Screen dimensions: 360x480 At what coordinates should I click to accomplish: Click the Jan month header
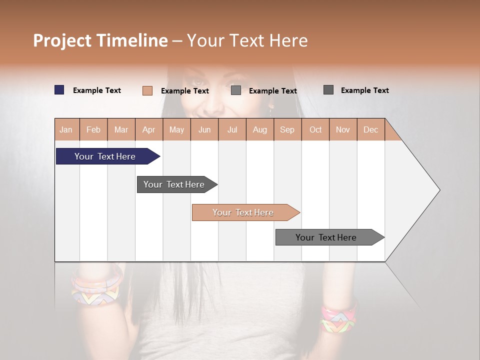click(x=66, y=129)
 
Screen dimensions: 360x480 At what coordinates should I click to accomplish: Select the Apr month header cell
click(x=148, y=129)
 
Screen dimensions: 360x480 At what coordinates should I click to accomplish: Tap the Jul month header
click(x=232, y=129)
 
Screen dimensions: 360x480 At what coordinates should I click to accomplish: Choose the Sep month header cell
click(x=287, y=129)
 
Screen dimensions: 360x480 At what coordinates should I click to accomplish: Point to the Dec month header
click(x=370, y=129)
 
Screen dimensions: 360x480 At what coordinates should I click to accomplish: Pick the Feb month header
click(x=93, y=129)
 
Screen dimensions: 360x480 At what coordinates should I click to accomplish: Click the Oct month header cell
click(x=315, y=129)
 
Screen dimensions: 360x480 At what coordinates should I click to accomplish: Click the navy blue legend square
click(x=59, y=90)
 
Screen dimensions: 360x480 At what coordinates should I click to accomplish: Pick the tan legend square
click(x=147, y=90)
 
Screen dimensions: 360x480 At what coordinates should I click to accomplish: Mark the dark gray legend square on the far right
click(x=328, y=90)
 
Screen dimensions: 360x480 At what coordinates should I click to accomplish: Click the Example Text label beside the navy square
click(x=97, y=90)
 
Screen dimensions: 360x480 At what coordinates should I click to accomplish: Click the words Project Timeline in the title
click(x=100, y=40)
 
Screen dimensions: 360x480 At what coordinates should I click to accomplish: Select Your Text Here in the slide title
click(x=247, y=40)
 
